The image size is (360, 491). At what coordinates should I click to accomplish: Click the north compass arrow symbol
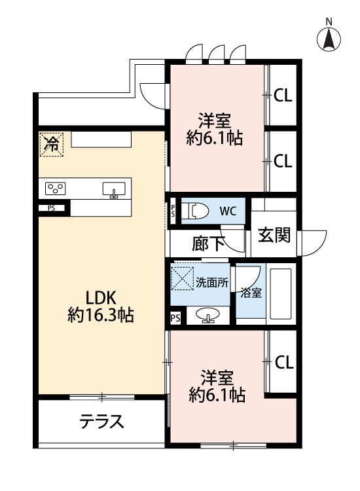pos(329,39)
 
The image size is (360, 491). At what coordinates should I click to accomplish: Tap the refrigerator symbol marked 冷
pos(51,145)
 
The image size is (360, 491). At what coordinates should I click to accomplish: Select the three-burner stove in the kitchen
pos(56,189)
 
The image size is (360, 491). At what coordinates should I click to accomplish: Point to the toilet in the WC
pos(195,211)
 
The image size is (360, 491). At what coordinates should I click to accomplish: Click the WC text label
pos(228,211)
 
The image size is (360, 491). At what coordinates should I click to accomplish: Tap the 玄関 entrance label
pos(274,235)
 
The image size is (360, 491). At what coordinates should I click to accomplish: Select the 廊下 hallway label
pos(208,244)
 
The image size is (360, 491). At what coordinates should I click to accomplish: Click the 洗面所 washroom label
pos(212,283)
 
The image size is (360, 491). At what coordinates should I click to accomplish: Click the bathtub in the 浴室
pos(281,293)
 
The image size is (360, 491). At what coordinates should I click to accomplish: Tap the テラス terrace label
pos(101,421)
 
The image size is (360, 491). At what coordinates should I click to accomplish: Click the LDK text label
pos(101,297)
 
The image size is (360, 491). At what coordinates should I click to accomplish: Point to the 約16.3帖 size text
pos(101,315)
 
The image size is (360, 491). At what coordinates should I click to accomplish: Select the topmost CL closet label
pos(283,96)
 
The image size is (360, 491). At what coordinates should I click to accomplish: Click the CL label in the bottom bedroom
pos(284,362)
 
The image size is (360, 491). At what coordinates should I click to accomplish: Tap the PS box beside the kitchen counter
pos(52,208)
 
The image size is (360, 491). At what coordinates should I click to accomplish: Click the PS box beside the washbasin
pos(175,318)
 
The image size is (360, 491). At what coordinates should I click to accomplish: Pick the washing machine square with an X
pos(182,278)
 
